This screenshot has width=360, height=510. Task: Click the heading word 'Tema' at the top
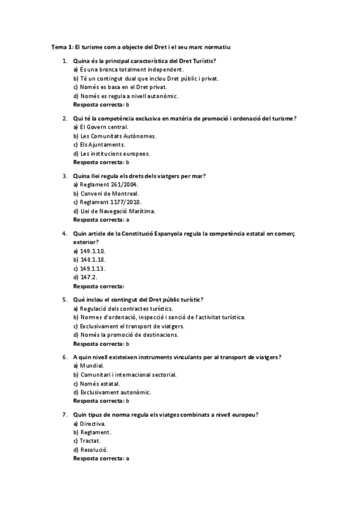(58, 46)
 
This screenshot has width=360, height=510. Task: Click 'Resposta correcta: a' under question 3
(101, 220)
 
